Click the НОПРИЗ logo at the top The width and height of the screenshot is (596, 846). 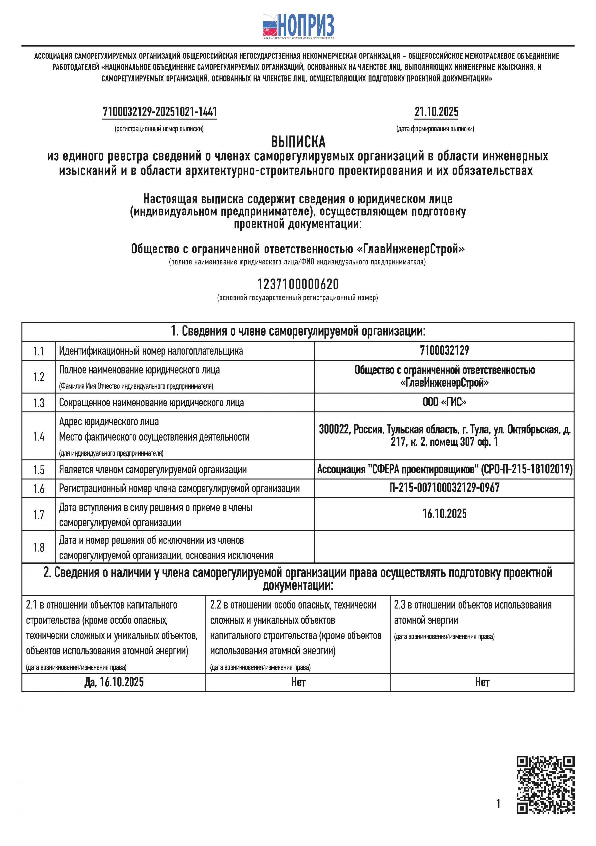[x=298, y=26]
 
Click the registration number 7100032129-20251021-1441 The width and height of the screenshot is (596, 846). [x=160, y=112]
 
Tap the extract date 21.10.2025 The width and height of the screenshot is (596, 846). [x=436, y=112]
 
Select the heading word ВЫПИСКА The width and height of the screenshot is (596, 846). [x=298, y=142]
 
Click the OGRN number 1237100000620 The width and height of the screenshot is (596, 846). [x=298, y=285]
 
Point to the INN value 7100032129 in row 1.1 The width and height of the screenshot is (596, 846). [x=444, y=350]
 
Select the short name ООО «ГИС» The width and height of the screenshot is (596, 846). [x=444, y=402]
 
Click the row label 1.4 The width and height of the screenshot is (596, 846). [x=39, y=437]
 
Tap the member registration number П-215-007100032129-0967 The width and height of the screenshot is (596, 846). [x=444, y=488]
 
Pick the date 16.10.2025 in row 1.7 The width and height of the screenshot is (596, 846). [x=444, y=514]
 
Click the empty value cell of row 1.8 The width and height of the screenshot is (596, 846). [x=444, y=547]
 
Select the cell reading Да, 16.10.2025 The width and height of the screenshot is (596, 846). [x=114, y=682]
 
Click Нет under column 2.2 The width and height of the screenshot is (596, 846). [x=298, y=682]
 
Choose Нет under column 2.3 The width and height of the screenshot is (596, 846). [x=482, y=682]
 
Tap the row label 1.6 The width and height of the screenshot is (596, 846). [x=39, y=488]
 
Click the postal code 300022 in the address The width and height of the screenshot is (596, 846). [x=334, y=430]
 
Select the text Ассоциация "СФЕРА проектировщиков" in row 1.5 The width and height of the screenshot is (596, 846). [x=397, y=469]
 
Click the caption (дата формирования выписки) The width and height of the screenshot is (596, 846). [x=435, y=129]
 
